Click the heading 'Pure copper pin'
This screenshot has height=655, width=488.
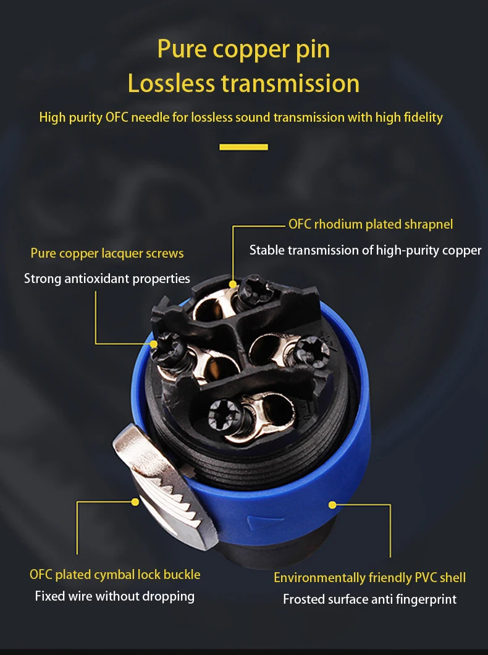tap(243, 49)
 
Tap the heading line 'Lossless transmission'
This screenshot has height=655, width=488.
tap(243, 83)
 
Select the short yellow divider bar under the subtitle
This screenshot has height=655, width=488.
tap(244, 146)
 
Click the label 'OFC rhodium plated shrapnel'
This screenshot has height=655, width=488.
tap(371, 224)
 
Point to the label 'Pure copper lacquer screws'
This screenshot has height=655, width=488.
tap(107, 253)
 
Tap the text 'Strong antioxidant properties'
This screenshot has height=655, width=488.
tap(107, 279)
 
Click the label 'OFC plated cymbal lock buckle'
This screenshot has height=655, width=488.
tap(115, 575)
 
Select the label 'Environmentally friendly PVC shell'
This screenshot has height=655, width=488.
tap(369, 578)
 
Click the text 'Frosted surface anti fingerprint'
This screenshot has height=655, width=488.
tap(369, 599)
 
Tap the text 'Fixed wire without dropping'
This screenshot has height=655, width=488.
tap(115, 596)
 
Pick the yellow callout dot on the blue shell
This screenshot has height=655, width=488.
tap(332, 505)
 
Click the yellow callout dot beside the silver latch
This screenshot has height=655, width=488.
tap(135, 502)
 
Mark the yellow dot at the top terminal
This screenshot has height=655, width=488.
tap(233, 284)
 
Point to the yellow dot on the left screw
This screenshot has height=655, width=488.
tap(154, 344)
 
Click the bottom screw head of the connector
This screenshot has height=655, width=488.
tap(225, 414)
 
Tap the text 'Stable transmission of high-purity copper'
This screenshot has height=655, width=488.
tap(365, 250)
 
